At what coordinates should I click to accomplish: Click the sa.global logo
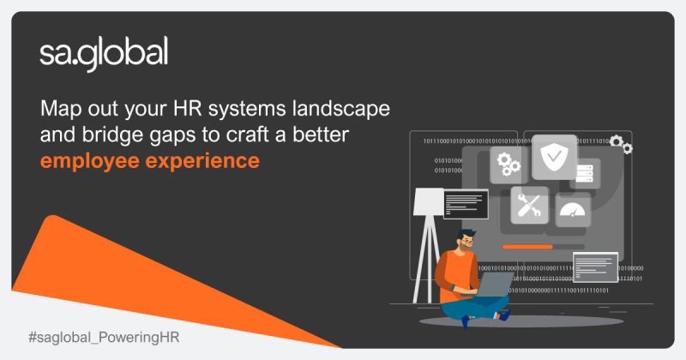pyautogui.click(x=104, y=54)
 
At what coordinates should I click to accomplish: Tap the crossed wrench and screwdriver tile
pyautogui.click(x=529, y=205)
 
